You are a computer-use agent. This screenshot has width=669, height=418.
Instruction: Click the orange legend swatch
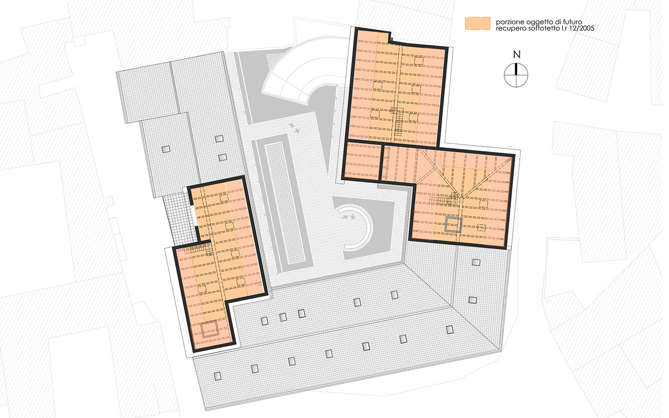pyautogui.click(x=477, y=23)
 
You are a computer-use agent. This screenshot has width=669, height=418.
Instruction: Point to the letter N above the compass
pyautogui.click(x=517, y=54)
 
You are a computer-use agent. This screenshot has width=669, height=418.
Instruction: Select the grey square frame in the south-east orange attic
pyautogui.click(x=454, y=225)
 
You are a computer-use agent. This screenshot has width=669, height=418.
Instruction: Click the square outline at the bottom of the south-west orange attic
pyautogui.click(x=210, y=329)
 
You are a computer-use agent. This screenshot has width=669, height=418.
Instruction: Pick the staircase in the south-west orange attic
pyautogui.click(x=199, y=249)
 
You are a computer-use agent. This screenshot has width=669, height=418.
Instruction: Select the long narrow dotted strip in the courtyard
pyautogui.click(x=284, y=203)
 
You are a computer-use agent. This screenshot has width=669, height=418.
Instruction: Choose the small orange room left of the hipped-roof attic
pyautogui.click(x=362, y=161)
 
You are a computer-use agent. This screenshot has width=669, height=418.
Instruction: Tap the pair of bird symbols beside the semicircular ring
pyautogui.click(x=349, y=217)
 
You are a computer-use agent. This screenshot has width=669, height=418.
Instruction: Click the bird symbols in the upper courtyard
pyautogui.click(x=294, y=128)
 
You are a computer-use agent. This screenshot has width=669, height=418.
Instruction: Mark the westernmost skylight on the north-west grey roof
pyautogui.click(x=166, y=149)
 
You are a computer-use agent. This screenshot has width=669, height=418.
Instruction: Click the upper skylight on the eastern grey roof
pyautogui.click(x=476, y=262)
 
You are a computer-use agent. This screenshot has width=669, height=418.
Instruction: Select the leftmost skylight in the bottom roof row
pyautogui.click(x=218, y=376)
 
